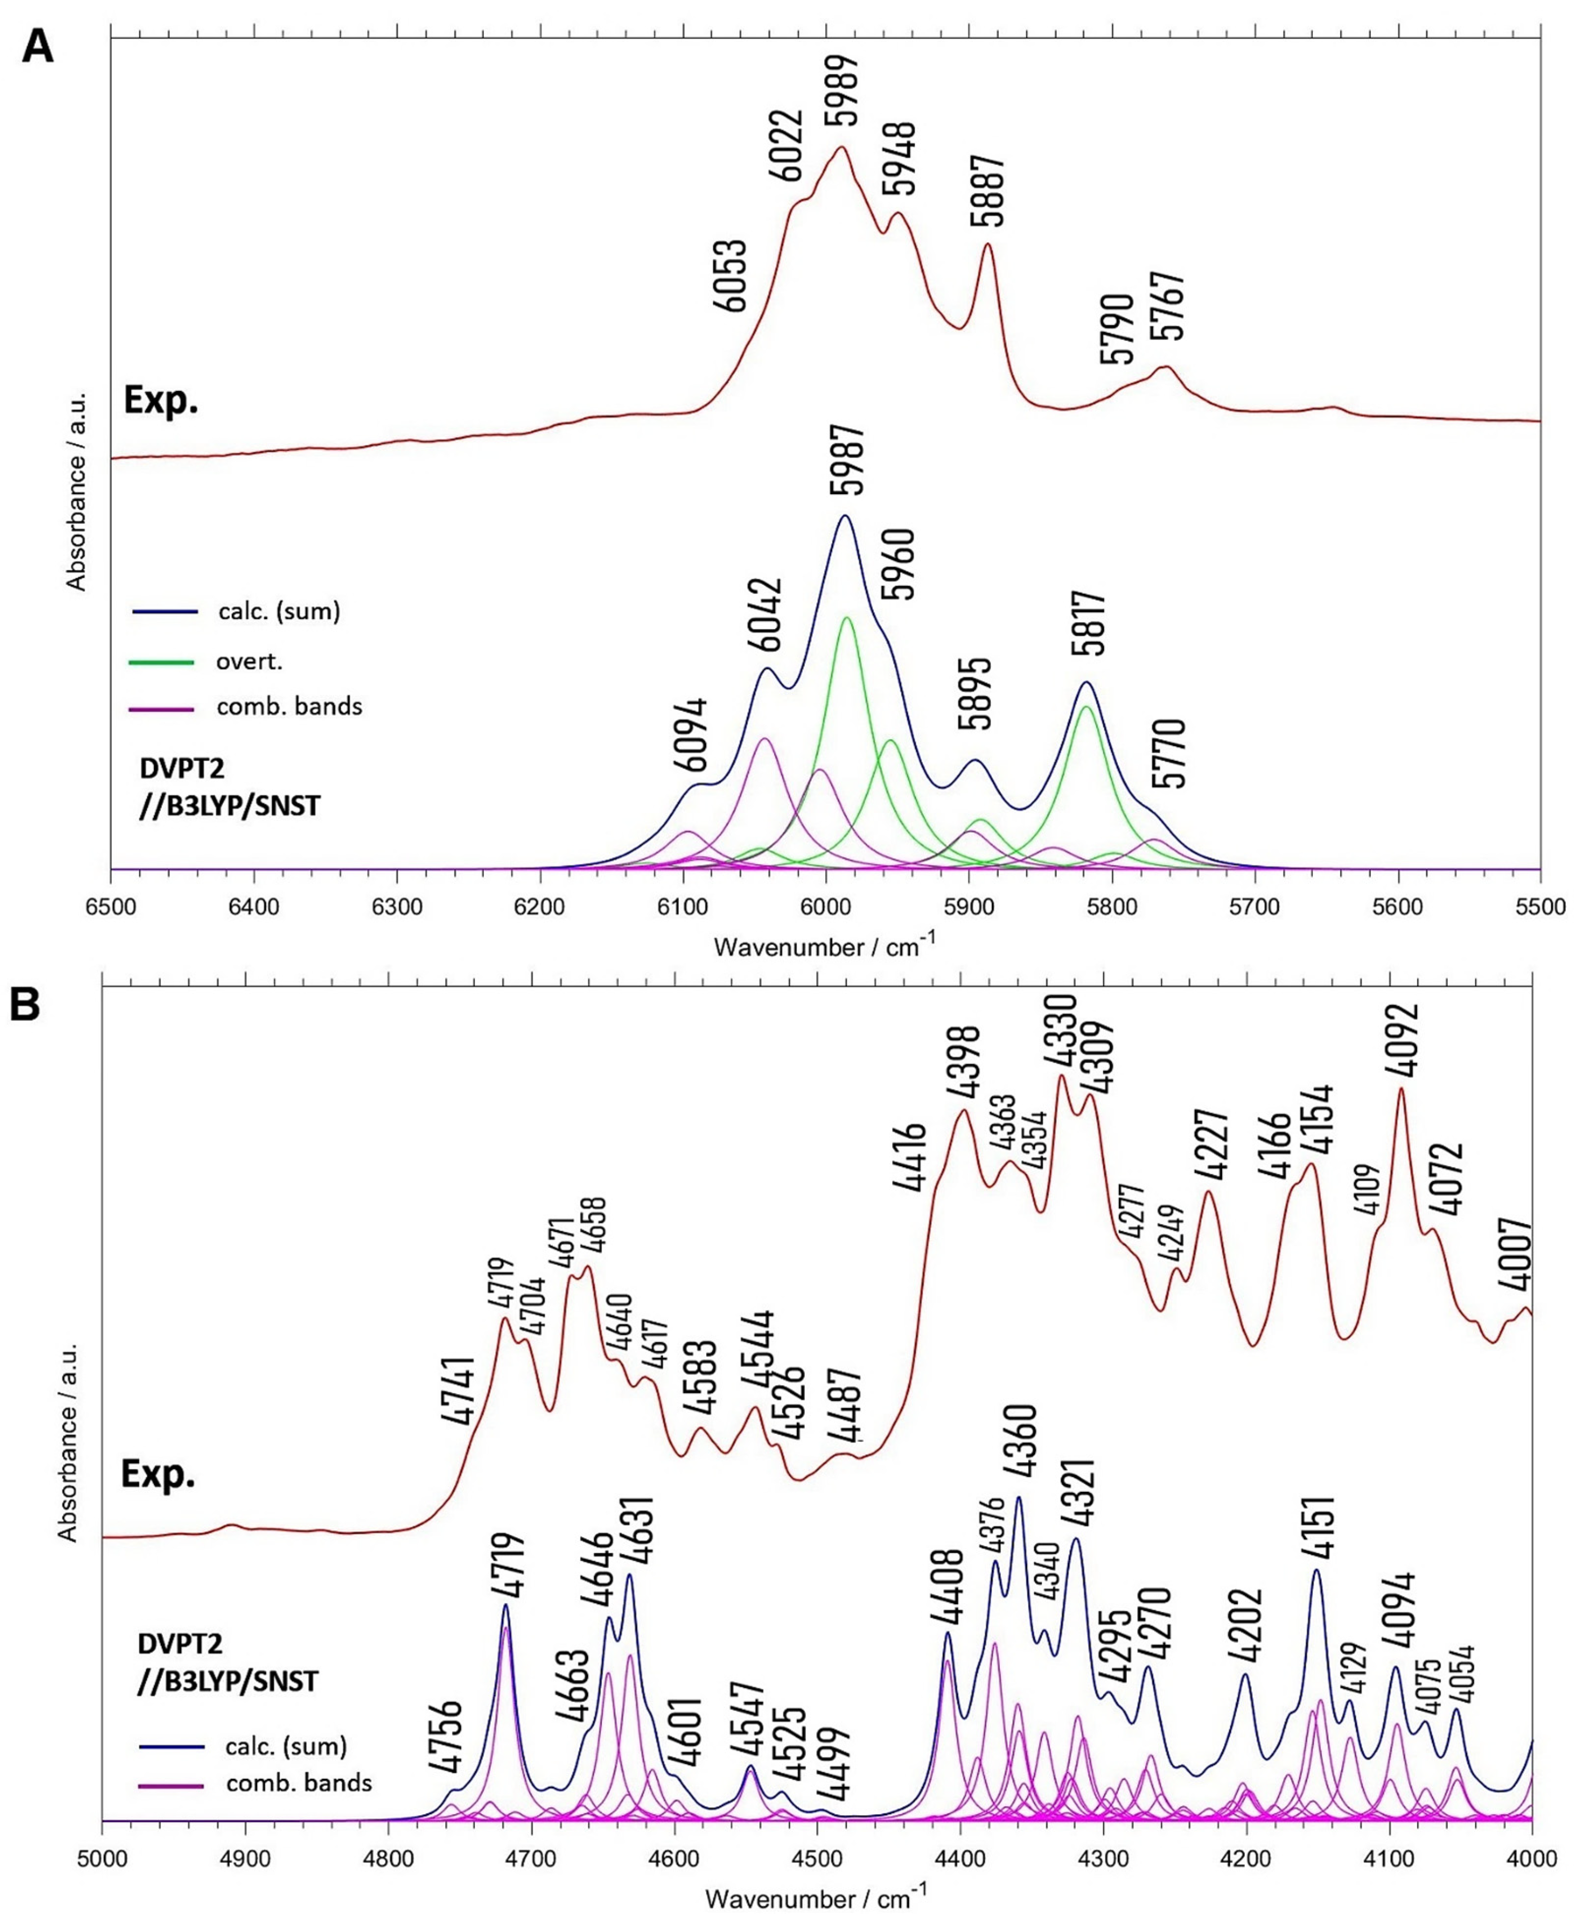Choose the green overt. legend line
click(163, 661)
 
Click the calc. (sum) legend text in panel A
click(279, 612)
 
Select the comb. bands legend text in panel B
click(299, 1783)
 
